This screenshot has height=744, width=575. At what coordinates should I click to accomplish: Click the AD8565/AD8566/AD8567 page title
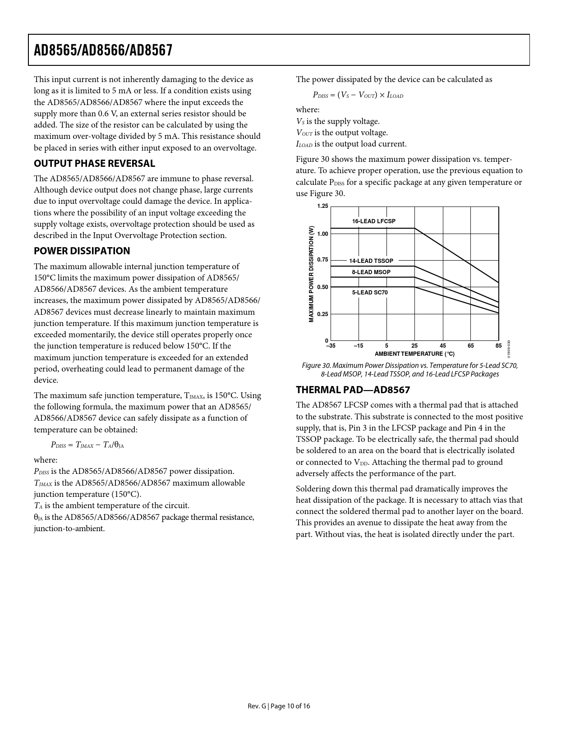103,50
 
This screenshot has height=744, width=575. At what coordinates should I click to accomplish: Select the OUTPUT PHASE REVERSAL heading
94,164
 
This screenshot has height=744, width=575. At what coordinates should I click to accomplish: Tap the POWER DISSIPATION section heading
82,251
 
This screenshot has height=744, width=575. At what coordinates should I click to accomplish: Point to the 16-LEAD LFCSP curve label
373,221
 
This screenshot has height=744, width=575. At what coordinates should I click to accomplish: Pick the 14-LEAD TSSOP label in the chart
371,261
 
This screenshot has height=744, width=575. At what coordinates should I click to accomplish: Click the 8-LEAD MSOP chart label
371,272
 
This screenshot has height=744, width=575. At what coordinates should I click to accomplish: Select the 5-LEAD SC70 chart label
370,293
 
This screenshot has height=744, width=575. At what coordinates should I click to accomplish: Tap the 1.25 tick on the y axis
322,207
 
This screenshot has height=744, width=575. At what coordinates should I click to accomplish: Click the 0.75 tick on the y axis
322,260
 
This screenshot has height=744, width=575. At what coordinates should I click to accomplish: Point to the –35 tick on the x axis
331,346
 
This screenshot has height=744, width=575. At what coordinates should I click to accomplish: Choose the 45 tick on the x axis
443,346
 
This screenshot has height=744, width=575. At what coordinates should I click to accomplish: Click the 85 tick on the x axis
498,346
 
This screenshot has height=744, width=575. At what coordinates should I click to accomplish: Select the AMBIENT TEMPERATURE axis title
414,354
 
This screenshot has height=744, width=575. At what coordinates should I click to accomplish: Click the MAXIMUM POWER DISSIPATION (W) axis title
311,274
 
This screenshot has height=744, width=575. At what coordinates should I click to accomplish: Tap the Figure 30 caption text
409,370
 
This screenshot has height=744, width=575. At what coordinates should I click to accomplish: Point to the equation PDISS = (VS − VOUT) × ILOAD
358,95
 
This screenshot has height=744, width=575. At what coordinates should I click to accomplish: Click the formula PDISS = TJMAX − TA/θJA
87,445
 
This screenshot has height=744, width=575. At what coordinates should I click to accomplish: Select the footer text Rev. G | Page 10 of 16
279,706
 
